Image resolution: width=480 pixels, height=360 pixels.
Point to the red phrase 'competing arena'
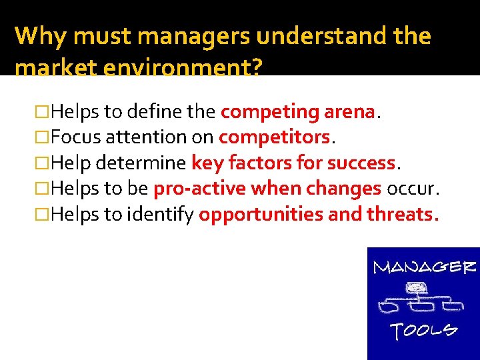[298, 112]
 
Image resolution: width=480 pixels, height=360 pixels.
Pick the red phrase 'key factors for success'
[293, 163]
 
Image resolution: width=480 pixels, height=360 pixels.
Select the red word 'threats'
[401, 215]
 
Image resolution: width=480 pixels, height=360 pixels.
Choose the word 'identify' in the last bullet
[168, 215]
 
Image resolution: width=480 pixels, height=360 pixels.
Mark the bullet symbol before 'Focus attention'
[44, 137]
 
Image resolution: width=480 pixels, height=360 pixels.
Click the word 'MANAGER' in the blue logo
[424, 268]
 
